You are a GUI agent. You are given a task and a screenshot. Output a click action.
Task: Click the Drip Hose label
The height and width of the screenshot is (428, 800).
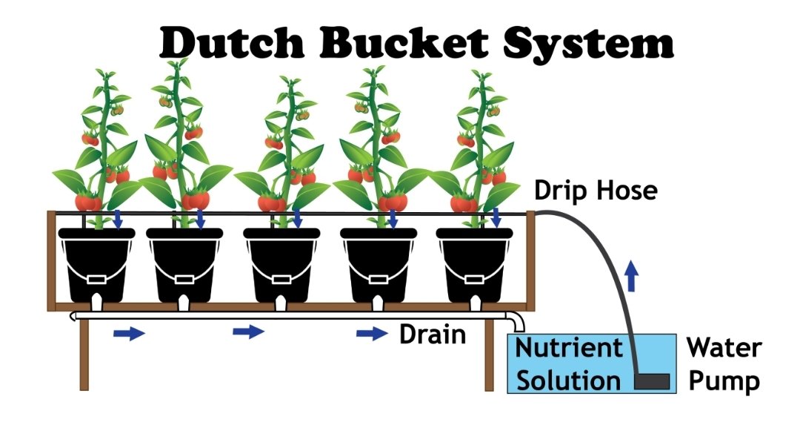596,191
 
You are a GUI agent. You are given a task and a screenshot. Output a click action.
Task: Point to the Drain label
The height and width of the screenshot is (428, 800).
433,335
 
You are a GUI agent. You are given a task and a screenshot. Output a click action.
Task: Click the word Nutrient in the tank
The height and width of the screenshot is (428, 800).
569,347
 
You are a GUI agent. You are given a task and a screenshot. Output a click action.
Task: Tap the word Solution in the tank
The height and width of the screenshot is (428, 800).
569,380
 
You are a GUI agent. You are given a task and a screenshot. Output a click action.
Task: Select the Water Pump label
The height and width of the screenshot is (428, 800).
722,364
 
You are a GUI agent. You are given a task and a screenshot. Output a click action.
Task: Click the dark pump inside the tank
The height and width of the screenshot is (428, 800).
653,381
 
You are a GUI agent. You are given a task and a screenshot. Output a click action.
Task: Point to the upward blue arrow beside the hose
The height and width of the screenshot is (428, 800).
631,278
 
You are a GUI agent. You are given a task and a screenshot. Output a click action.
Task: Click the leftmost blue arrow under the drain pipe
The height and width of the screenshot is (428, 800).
129,334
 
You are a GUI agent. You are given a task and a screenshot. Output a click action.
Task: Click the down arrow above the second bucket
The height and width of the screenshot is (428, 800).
201,218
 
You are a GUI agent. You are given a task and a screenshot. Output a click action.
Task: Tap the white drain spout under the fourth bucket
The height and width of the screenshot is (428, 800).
377,303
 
